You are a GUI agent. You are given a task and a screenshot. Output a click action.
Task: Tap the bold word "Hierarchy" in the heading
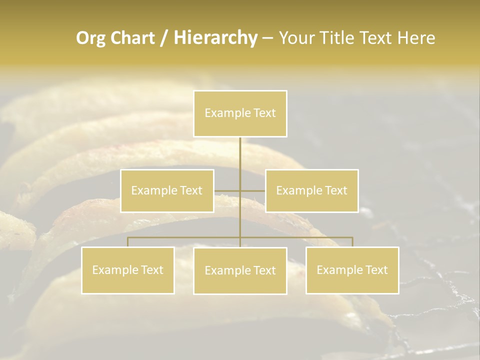[x=215, y=38]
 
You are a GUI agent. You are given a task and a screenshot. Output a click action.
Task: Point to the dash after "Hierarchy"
[x=267, y=38]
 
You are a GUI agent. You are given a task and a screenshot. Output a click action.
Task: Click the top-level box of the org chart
[x=240, y=113]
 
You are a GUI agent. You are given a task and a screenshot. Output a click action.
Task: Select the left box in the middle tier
[x=167, y=190]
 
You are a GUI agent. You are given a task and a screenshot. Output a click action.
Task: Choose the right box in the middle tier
[x=311, y=190]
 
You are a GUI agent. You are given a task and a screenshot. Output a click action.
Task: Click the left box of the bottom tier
[x=128, y=270]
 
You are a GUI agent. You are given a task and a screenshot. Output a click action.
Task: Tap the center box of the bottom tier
[x=240, y=270]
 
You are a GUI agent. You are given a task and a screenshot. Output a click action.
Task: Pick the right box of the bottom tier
[x=352, y=270]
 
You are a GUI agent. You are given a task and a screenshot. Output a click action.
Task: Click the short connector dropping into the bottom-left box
[x=128, y=242]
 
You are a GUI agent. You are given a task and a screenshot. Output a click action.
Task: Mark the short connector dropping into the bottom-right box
[x=352, y=242]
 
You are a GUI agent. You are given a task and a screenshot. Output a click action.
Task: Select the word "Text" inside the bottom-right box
[x=376, y=270]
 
